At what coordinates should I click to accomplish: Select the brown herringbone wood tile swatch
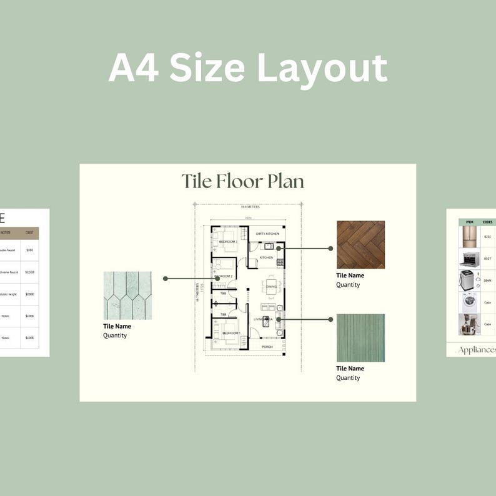[360, 244]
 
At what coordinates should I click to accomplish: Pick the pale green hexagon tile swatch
[127, 295]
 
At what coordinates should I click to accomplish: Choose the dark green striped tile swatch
[360, 337]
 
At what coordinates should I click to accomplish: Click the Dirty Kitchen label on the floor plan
[267, 234]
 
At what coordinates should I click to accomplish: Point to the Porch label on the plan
[267, 347]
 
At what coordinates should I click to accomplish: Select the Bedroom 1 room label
[232, 334]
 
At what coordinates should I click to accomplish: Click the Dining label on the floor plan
[272, 287]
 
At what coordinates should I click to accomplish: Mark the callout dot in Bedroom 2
[217, 278]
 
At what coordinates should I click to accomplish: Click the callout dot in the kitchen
[279, 248]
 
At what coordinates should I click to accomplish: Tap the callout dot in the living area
[278, 319]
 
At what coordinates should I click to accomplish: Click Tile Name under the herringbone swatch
[350, 275]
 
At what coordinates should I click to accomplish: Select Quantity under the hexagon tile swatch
[115, 335]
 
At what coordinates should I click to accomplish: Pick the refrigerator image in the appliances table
[469, 237]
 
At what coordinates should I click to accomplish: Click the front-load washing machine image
[469, 302]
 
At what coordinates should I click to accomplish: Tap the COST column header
[29, 232]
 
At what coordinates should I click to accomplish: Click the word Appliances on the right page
[477, 350]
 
